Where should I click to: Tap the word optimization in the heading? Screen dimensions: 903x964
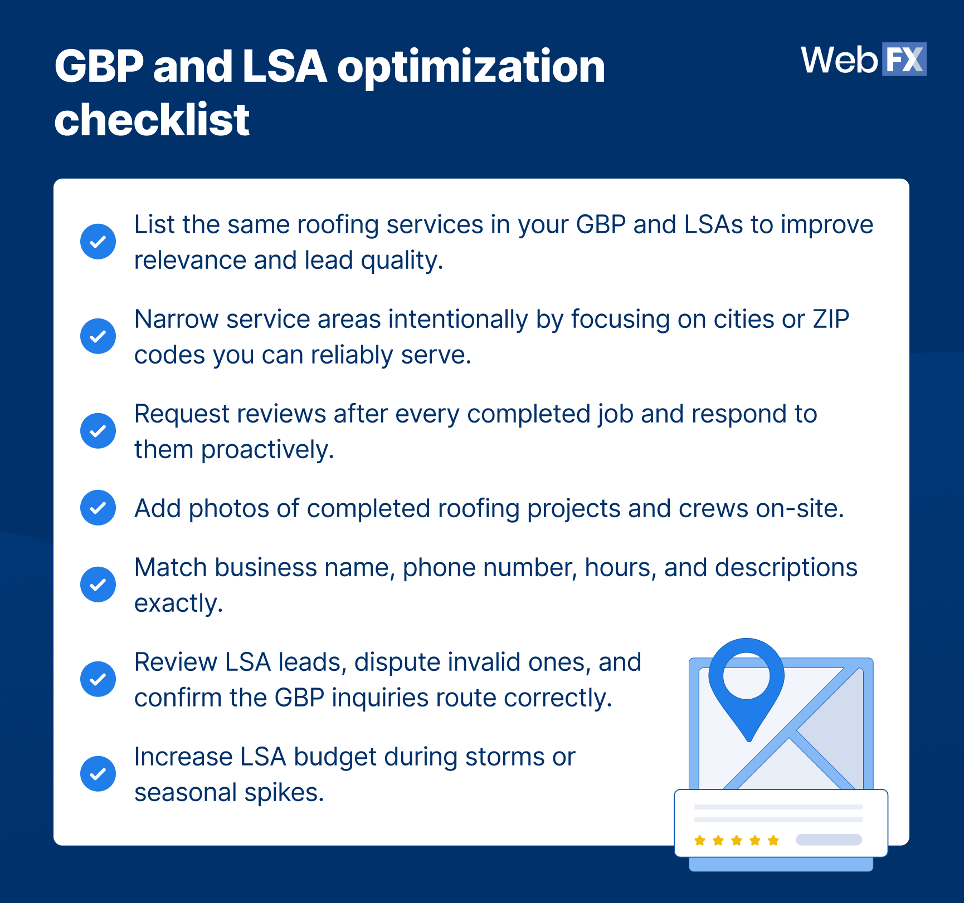[471, 67]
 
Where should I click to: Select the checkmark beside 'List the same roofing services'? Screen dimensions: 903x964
[98, 242]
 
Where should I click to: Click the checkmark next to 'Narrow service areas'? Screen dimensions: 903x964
[98, 336]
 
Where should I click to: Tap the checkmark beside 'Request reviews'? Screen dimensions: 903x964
[98, 431]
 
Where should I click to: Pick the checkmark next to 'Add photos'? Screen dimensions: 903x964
[98, 508]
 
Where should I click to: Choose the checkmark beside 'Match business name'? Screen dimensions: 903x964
[98, 585]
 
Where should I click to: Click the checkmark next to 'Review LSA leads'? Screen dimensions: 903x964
[98, 679]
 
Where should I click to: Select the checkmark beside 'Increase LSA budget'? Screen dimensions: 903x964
[98, 774]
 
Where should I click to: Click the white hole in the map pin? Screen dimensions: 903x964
[746, 676]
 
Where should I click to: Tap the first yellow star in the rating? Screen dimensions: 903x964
[700, 840]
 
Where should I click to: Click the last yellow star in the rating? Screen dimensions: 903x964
[773, 840]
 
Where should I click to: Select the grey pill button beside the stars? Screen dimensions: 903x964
[829, 840]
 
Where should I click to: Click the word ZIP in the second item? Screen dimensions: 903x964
[831, 320]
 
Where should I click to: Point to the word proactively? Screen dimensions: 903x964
[267, 450]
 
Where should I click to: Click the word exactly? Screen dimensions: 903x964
[178, 603]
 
